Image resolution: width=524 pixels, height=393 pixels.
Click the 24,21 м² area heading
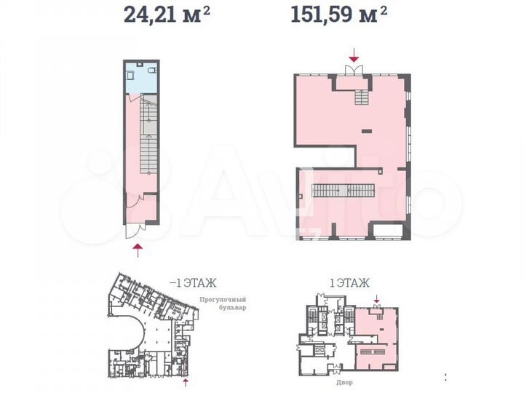(167, 15)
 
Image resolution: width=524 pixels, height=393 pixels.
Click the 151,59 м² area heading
(339, 15)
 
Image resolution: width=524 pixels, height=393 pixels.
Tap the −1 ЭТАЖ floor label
(193, 283)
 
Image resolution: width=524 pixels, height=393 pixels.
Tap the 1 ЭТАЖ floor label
(349, 283)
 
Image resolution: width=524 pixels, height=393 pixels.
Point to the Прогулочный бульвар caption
(223, 303)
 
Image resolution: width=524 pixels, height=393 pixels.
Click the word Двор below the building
(344, 382)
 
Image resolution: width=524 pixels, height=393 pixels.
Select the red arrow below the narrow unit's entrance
(138, 250)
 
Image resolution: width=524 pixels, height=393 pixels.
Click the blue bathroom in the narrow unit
(141, 77)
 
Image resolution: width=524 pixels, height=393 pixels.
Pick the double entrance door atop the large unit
(354, 69)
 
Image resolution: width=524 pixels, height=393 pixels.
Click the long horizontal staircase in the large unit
(344, 191)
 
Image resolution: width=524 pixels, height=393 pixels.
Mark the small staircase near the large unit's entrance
(362, 98)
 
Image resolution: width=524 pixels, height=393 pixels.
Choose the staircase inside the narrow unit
(148, 135)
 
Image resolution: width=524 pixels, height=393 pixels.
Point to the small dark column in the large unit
(367, 131)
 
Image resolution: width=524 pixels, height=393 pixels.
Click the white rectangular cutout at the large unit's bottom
(389, 231)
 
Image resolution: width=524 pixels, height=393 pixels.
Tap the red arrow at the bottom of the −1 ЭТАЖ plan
(186, 383)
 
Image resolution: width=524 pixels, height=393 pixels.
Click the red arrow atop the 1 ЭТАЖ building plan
(377, 299)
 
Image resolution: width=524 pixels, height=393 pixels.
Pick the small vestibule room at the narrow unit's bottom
(141, 208)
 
